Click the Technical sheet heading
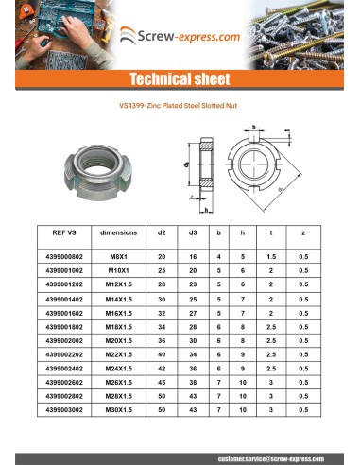[x=180, y=78]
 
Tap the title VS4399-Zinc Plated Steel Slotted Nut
[x=180, y=108]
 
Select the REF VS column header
[x=65, y=232]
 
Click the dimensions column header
[x=118, y=232]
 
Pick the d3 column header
[x=193, y=232]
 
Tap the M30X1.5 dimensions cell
[x=118, y=410]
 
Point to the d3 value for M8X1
[x=193, y=256]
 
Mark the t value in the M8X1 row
[x=270, y=256]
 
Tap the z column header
[x=301, y=232]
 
